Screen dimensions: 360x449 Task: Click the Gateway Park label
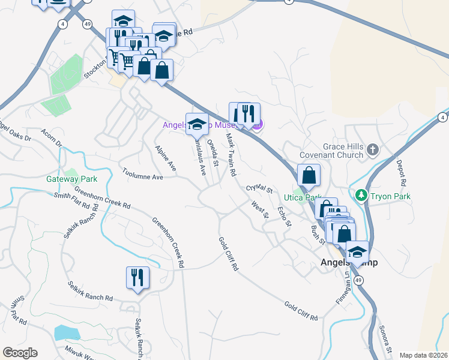[71, 179]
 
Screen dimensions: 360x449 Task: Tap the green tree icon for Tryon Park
[361, 196]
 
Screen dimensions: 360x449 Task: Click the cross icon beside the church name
[373, 149]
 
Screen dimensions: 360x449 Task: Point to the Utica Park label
[299, 197]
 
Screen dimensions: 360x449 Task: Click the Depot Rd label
[402, 172]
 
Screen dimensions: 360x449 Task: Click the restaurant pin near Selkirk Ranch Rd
[137, 278]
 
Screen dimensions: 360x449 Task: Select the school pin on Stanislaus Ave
[197, 125]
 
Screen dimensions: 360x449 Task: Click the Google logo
[20, 353]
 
